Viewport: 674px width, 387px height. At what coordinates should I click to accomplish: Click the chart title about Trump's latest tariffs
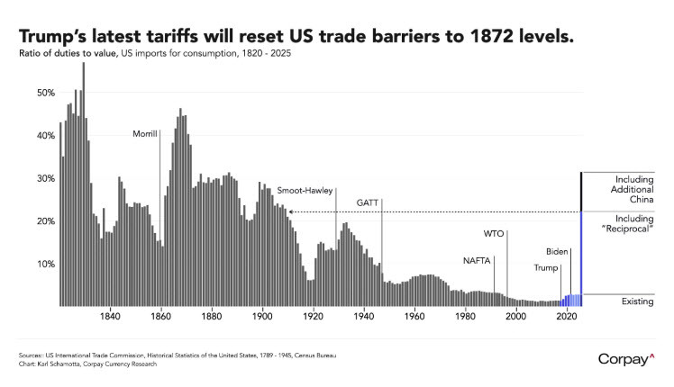click(294, 39)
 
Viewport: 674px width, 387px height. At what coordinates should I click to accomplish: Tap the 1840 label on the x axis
click(110, 317)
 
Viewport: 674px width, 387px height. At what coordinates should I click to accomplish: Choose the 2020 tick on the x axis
click(567, 317)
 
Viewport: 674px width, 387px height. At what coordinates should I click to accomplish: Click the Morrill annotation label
click(144, 133)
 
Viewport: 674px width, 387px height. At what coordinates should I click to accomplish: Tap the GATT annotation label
click(368, 202)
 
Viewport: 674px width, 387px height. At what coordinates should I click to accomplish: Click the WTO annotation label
click(494, 233)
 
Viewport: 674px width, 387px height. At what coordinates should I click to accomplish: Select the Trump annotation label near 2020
click(545, 267)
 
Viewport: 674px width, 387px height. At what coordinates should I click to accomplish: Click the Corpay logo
click(626, 359)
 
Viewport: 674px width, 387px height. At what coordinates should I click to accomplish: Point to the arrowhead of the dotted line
click(290, 212)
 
